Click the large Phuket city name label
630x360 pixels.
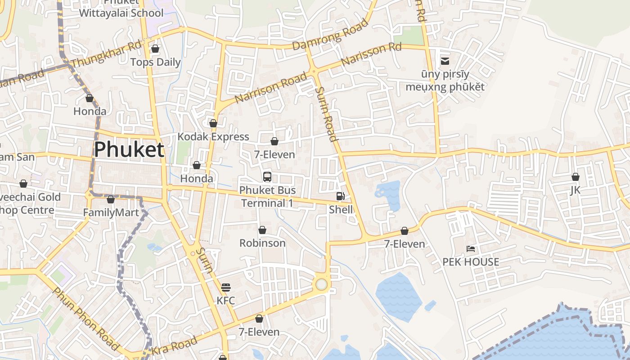click(x=129, y=149)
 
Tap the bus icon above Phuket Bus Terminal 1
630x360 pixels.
click(x=267, y=176)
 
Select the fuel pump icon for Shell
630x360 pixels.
click(x=341, y=196)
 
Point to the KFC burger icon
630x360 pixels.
click(x=225, y=287)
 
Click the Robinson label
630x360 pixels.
click(x=262, y=243)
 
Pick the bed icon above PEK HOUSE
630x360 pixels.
click(x=471, y=249)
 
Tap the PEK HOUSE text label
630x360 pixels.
click(x=471, y=262)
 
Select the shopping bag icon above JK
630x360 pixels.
click(x=575, y=177)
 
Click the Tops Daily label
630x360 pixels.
click(x=155, y=62)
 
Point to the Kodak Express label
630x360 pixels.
click(x=213, y=137)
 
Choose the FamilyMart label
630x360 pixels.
click(x=111, y=212)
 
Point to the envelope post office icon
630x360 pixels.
click(x=445, y=61)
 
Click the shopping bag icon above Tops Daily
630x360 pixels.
click(x=155, y=49)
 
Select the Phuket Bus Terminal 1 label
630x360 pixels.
click(x=267, y=197)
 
